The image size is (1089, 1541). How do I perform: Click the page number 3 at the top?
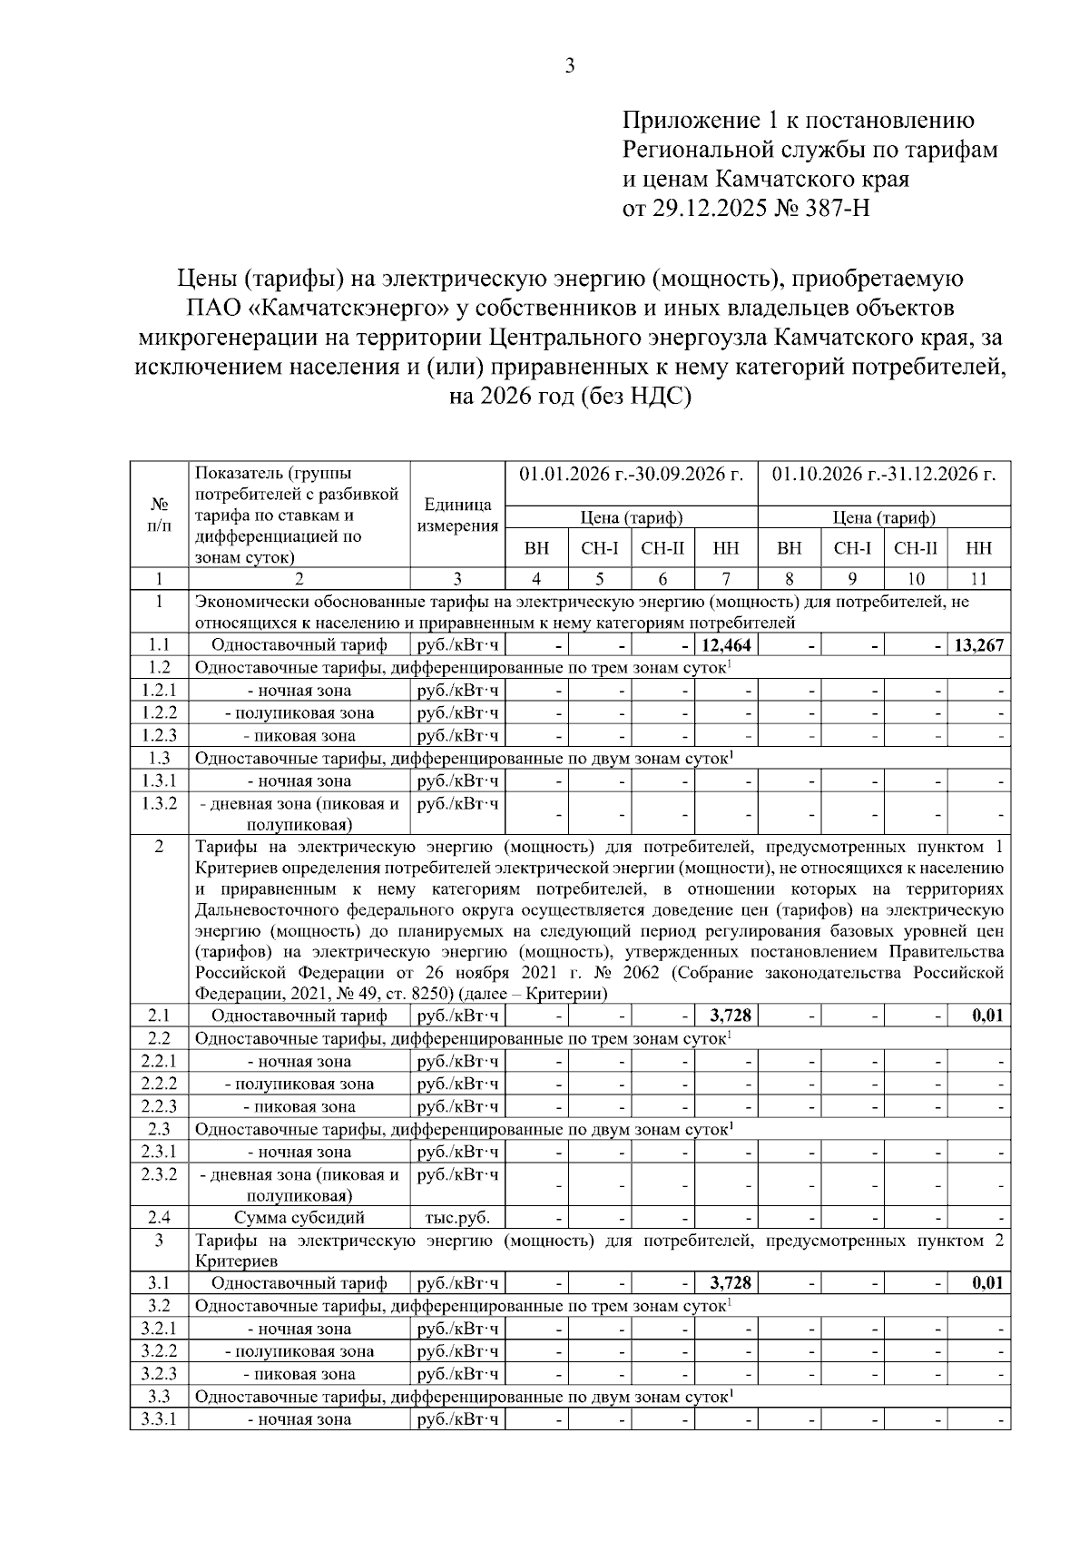coord(569,65)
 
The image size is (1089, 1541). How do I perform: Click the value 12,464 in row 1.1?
coord(727,645)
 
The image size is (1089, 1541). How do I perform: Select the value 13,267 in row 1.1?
coord(979,645)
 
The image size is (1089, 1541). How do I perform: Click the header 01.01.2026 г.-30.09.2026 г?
coord(631,475)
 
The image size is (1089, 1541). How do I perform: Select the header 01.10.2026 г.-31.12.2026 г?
coord(884,475)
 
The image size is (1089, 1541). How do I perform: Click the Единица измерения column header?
coord(457,515)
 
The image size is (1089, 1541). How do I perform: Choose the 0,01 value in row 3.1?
coord(987,1283)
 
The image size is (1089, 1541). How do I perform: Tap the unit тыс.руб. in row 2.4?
coord(457,1218)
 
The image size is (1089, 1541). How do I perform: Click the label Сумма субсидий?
coord(299,1218)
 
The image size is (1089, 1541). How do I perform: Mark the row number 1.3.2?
coord(159,803)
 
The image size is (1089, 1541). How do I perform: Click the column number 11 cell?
coord(979,579)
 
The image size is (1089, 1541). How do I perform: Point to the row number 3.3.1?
coord(159,1419)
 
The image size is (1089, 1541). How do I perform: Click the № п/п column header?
coord(159,515)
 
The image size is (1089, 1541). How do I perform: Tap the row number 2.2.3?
coord(159,1106)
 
